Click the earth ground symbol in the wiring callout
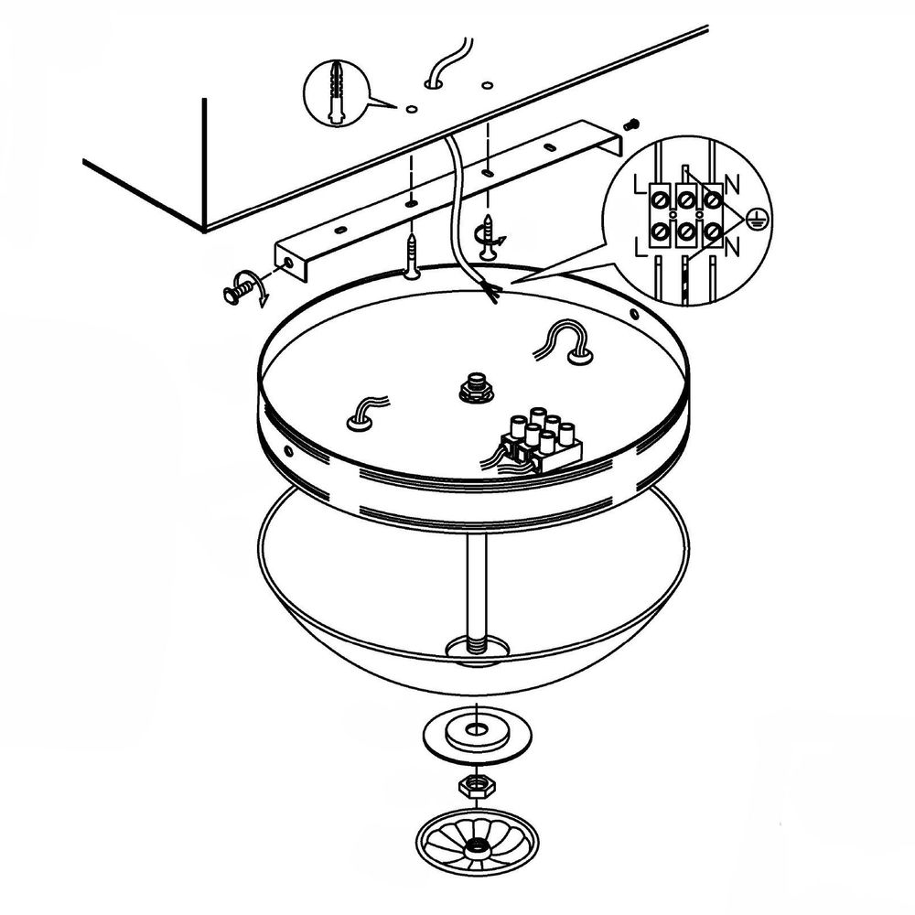coord(758,220)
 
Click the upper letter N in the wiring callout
coord(733,186)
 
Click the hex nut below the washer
coord(477,787)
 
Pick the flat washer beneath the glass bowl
coord(477,734)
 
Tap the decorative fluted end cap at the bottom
coord(477,844)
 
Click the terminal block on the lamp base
coord(540,442)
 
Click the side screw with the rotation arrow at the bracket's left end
coord(238,289)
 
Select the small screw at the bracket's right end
coord(632,124)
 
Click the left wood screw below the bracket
coord(414,256)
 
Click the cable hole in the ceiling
coord(433,84)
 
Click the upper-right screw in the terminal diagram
coord(712,200)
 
